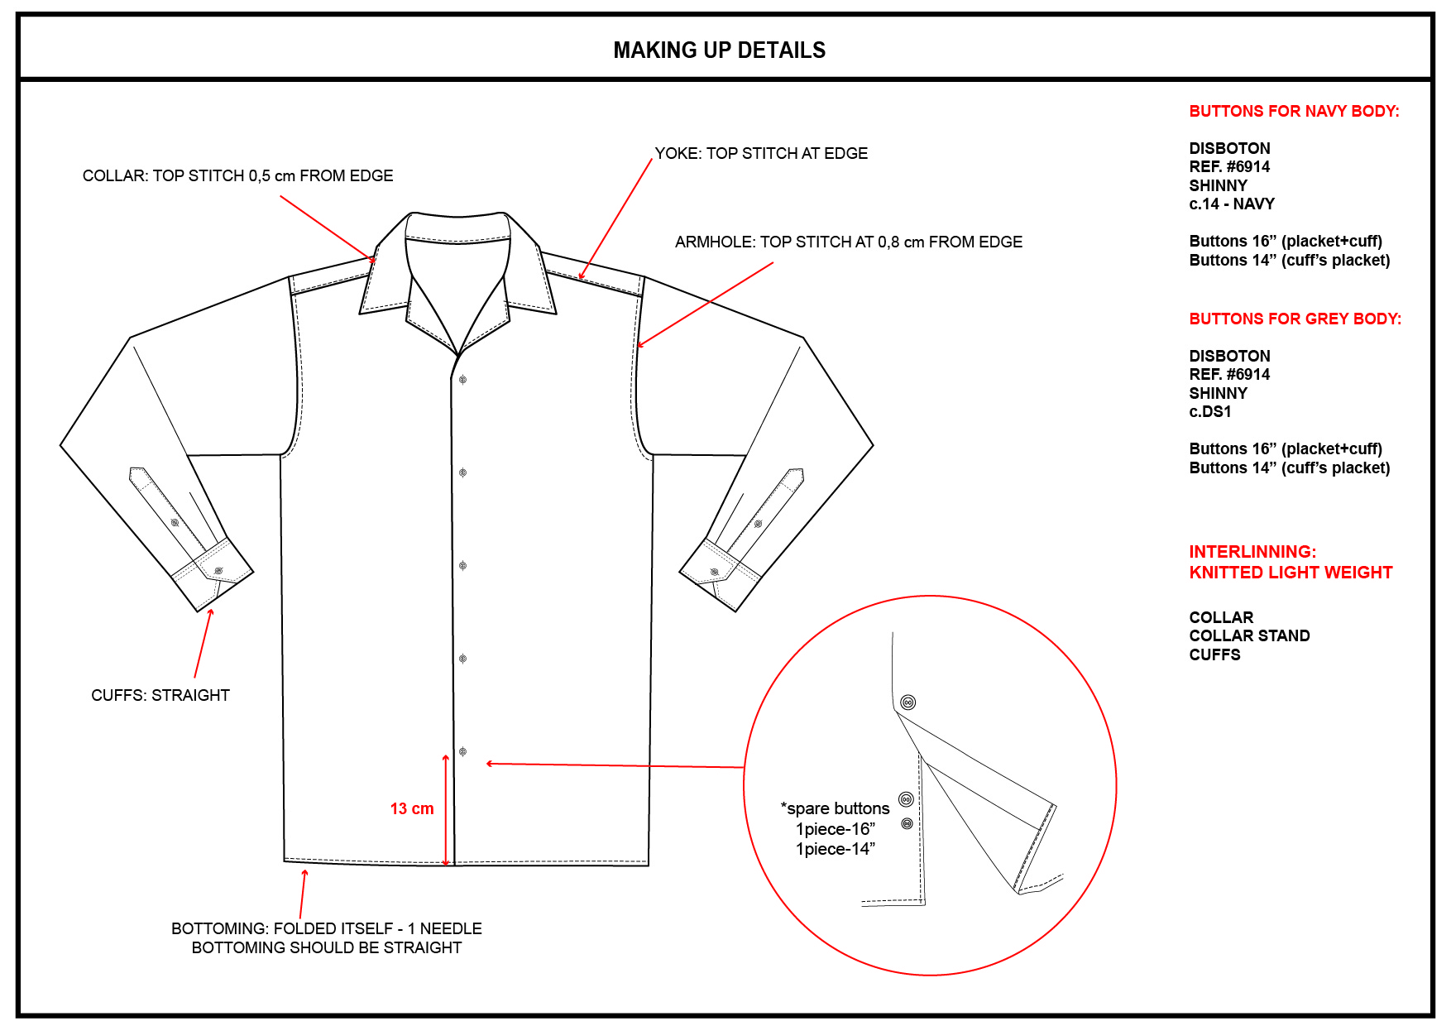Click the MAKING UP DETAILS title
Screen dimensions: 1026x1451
point(719,50)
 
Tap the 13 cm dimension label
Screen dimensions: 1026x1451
point(412,808)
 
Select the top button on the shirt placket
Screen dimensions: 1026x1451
point(463,380)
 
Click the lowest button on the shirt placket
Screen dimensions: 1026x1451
point(463,751)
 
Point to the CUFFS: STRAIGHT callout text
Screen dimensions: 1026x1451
point(160,695)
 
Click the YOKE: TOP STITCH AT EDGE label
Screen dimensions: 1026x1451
point(761,153)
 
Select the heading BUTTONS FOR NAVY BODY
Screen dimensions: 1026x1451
point(1294,111)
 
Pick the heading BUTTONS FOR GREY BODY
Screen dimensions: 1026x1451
point(1295,319)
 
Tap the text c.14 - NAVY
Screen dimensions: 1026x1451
point(1232,204)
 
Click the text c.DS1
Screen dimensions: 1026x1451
point(1210,411)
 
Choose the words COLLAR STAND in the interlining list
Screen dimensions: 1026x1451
point(1249,635)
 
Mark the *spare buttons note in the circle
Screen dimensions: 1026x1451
point(836,808)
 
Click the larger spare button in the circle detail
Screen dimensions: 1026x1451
point(906,799)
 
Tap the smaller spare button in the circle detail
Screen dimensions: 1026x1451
point(907,823)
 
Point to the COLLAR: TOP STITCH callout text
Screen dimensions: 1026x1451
point(237,175)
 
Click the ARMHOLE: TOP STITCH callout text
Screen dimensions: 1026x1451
point(848,242)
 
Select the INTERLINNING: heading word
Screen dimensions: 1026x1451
point(1252,551)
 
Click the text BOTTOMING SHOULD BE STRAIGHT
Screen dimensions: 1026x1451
point(327,947)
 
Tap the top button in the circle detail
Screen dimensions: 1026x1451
point(907,702)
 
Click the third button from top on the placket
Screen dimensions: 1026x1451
point(463,566)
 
